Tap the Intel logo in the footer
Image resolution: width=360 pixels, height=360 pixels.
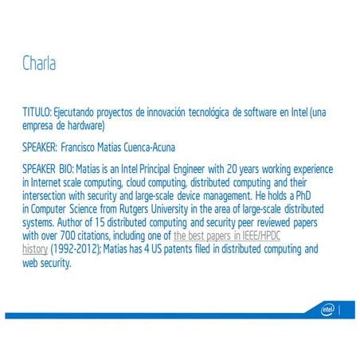(x=327, y=309)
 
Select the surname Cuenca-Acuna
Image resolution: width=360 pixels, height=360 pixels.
(x=151, y=148)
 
